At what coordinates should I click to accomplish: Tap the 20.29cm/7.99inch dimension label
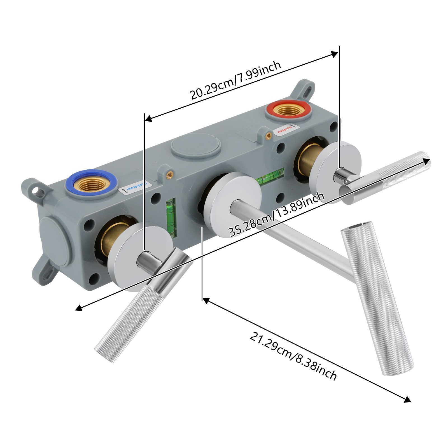[x=235, y=80]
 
